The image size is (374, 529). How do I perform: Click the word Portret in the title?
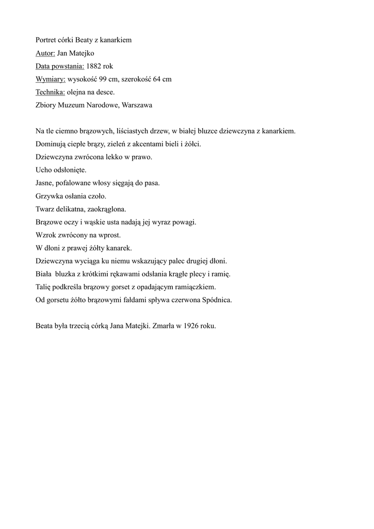(x=46, y=40)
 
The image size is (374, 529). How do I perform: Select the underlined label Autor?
(x=45, y=53)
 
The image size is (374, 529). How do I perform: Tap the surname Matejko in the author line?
(x=80, y=53)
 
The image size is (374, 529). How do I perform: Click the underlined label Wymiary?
(x=51, y=79)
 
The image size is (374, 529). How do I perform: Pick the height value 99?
(x=110, y=79)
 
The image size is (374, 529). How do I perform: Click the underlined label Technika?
(x=51, y=92)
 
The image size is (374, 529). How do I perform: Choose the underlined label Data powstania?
(x=60, y=66)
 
